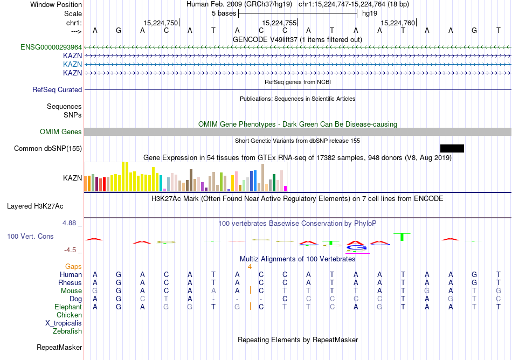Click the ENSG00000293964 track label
click(x=51, y=47)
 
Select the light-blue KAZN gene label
click(x=72, y=64)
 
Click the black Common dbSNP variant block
click(x=452, y=149)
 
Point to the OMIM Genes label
click(x=61, y=132)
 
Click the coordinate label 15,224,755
click(x=279, y=23)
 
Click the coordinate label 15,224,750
click(x=160, y=23)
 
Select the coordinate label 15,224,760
click(x=398, y=23)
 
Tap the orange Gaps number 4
click(x=250, y=266)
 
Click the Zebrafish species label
click(x=67, y=331)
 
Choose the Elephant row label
click(x=68, y=307)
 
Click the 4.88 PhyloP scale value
click(x=71, y=223)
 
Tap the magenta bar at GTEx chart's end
click(x=286, y=189)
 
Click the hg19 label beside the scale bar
click(x=369, y=13)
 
